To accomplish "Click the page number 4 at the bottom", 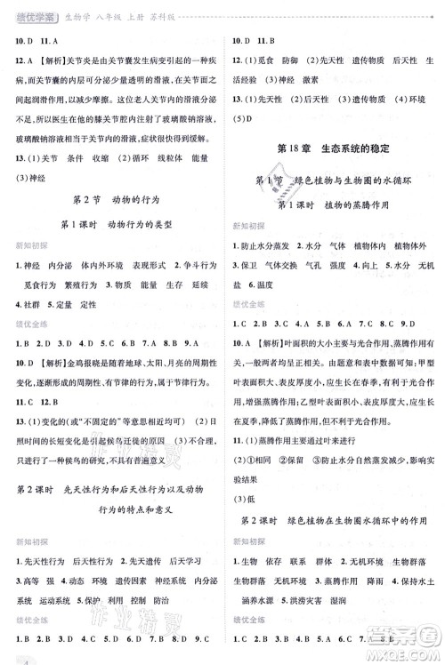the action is (x=6, y=658).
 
